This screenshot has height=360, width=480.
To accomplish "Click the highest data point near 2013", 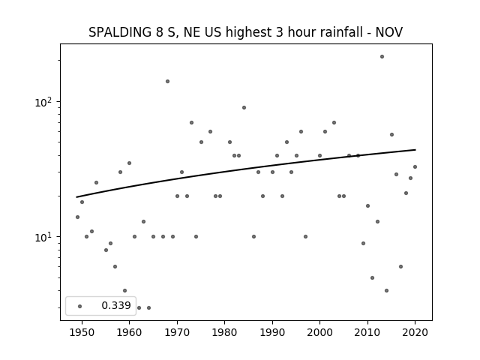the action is (382, 57).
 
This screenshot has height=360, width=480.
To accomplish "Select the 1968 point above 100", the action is (167, 82).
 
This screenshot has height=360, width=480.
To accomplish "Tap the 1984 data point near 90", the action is (244, 108).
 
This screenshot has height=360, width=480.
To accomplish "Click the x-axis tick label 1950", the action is (82, 332).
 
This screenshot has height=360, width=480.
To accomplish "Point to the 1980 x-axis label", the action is (225, 332).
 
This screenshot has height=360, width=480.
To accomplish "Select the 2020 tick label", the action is (415, 332).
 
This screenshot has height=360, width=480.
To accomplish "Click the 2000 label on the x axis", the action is (320, 332).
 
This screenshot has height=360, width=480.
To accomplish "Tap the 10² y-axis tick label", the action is (43, 102).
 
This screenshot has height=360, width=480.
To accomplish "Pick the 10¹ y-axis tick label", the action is (43, 237).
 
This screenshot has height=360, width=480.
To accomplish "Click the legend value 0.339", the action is (116, 305).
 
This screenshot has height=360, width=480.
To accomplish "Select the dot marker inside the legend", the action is (80, 307).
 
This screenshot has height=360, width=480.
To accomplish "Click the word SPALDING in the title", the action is (120, 32).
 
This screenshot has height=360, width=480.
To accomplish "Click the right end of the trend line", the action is (415, 150).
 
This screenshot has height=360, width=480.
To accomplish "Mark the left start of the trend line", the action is (76, 197).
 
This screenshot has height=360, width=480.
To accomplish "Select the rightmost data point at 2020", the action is (415, 166).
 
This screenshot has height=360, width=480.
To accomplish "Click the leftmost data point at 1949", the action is (77, 217).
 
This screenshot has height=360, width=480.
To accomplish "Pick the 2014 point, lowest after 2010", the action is (387, 291).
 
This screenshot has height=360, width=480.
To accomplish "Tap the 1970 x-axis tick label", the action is (177, 332).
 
